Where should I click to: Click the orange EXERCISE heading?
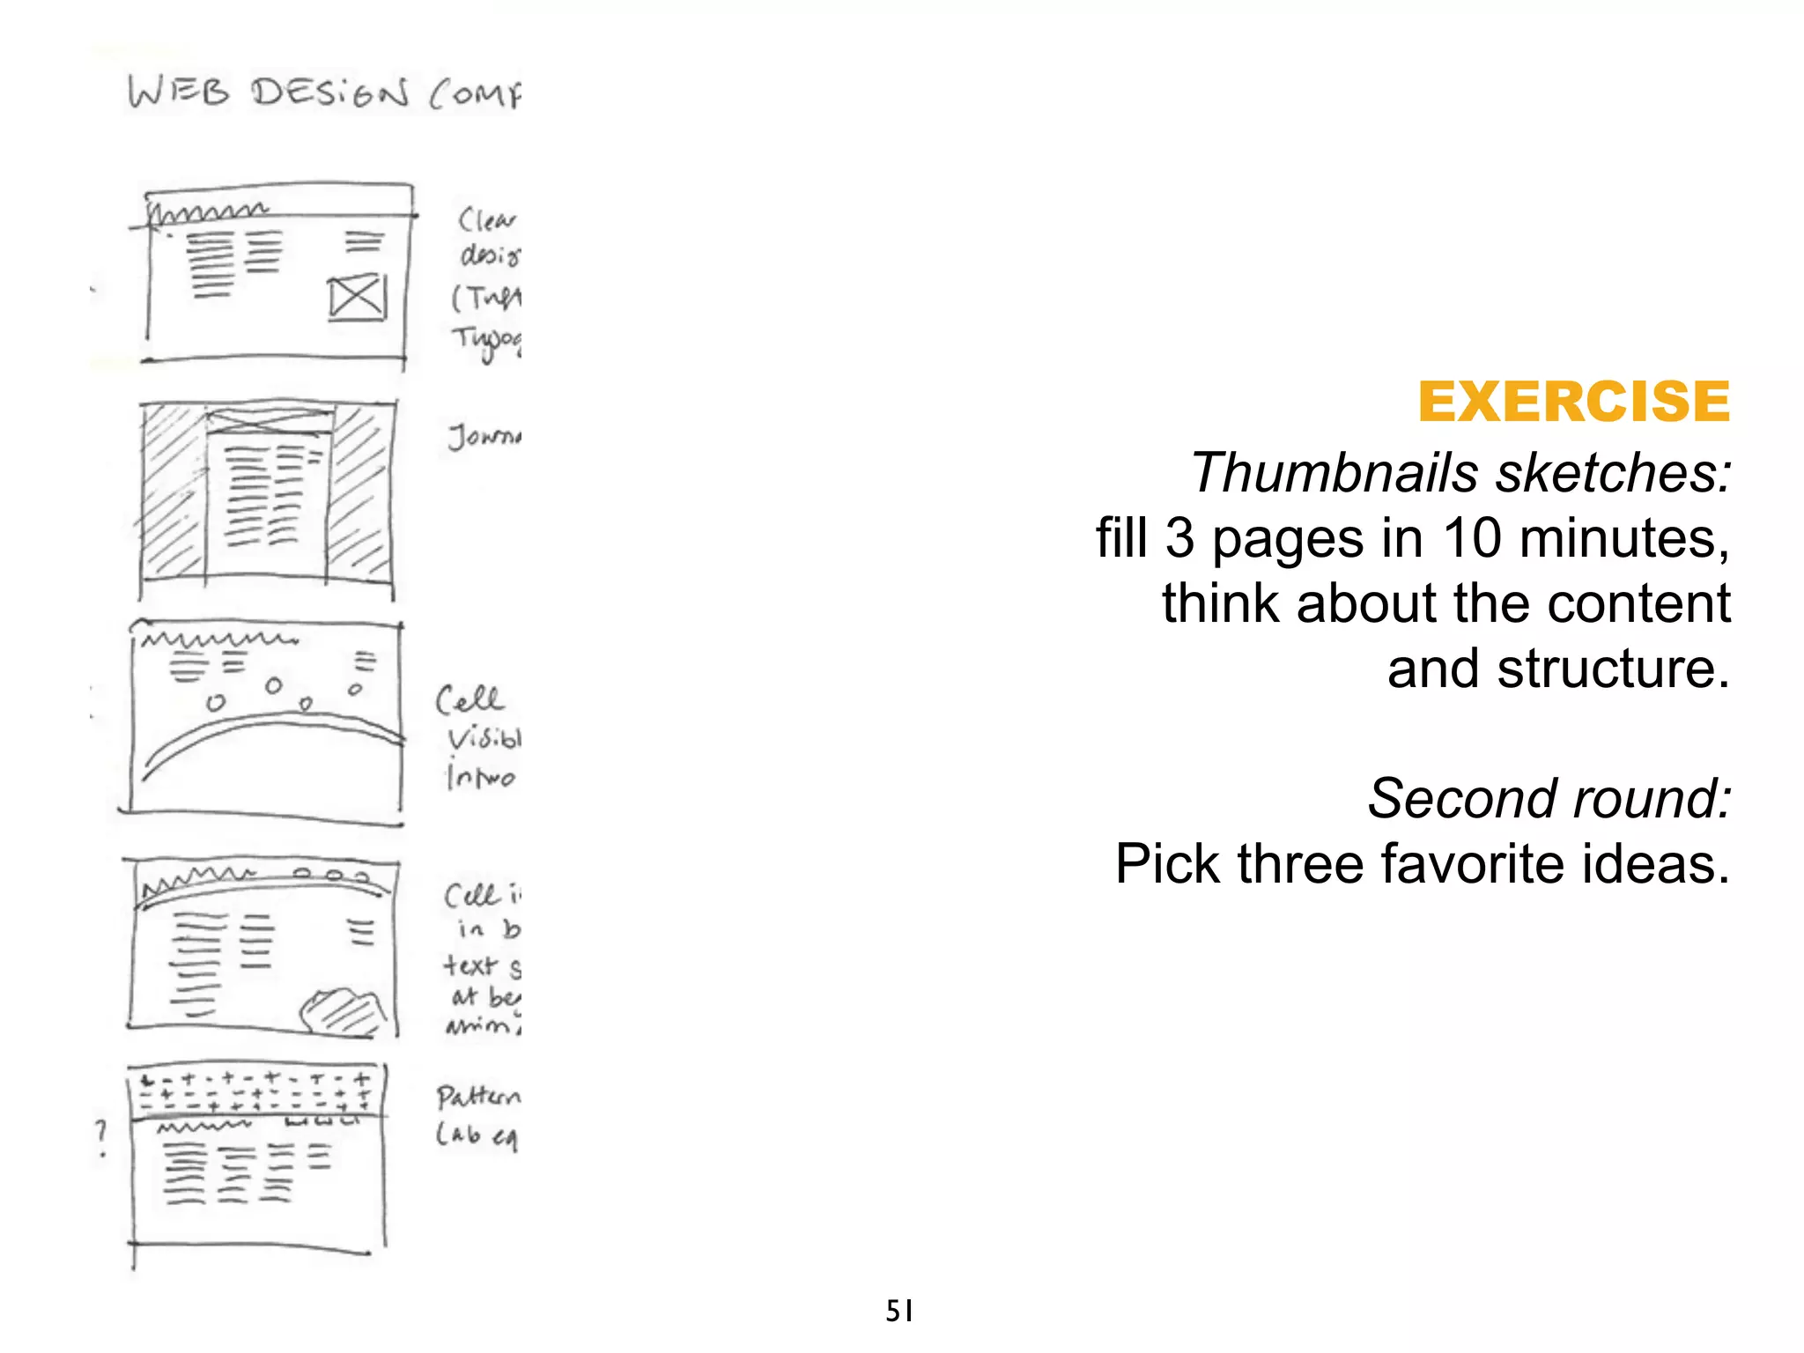[x=1573, y=402]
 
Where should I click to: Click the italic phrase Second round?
[x=1549, y=799]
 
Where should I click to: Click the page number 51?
[x=898, y=1311]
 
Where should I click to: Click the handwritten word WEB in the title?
[x=179, y=92]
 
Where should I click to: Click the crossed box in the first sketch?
[x=357, y=298]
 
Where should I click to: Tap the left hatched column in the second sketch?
[x=174, y=489]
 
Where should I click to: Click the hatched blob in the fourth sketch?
[x=342, y=1010]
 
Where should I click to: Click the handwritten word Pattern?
[x=478, y=1098]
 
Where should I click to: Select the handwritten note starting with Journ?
[x=484, y=436]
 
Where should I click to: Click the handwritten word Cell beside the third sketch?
[x=469, y=700]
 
